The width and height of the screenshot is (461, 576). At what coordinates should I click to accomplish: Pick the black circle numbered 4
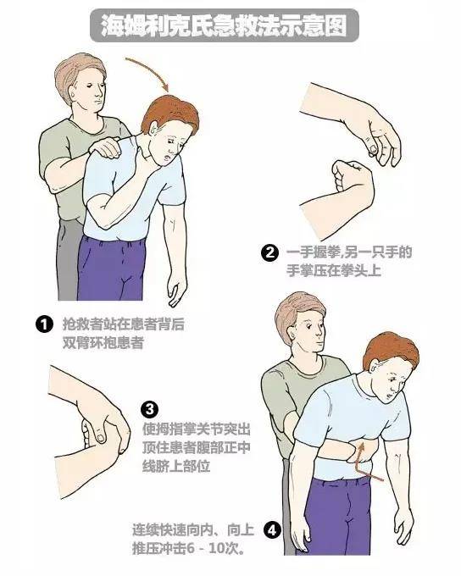pyautogui.click(x=271, y=531)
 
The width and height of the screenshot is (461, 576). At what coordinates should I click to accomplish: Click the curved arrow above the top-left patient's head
pyautogui.click(x=153, y=71)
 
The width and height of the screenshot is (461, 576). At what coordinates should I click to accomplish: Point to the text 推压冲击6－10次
pyautogui.click(x=188, y=548)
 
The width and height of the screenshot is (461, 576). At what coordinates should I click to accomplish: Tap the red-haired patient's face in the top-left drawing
pyautogui.click(x=169, y=136)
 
